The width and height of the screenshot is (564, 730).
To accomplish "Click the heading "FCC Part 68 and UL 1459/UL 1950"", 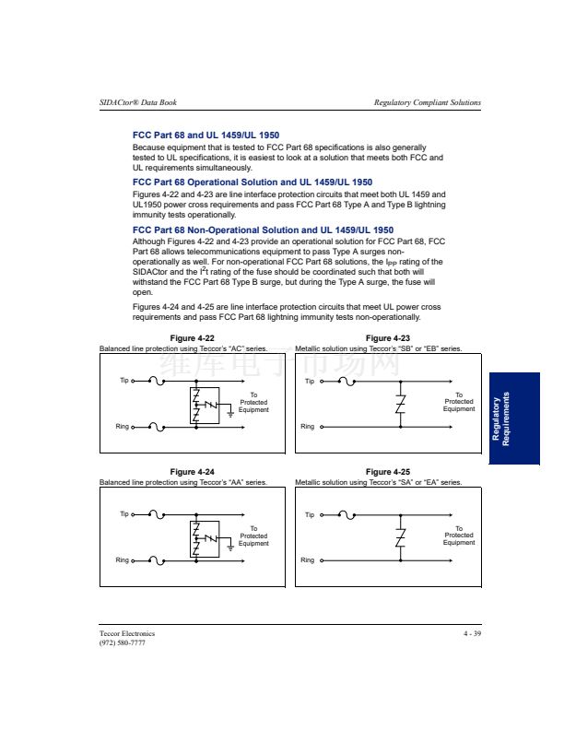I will [206, 135].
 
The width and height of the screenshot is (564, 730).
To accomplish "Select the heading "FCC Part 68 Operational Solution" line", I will [253, 182].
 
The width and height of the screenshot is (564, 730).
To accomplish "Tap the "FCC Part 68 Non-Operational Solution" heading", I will [263, 230].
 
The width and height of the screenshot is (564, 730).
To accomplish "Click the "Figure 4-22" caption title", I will [193, 338].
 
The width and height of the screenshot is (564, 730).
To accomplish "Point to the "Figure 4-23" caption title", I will [388, 338].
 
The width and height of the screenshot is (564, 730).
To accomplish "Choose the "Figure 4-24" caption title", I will [193, 472].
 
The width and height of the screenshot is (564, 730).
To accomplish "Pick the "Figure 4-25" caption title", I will [388, 472].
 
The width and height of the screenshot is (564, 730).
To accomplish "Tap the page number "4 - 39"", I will [472, 633].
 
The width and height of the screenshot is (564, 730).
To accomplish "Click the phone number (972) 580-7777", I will [122, 642].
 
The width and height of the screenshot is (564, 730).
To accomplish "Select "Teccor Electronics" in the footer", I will [127, 633].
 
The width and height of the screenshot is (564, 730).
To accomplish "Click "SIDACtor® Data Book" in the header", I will [137, 102].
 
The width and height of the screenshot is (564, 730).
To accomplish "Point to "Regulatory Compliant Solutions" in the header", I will [428, 102].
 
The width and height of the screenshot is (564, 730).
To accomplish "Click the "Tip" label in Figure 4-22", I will [124, 381].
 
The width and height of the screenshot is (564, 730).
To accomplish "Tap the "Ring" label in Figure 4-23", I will [308, 427].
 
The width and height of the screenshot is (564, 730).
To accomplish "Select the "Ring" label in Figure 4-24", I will [122, 560].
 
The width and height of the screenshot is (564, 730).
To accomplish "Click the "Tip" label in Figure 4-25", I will [310, 514].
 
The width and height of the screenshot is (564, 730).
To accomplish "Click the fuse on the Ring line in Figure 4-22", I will [157, 427].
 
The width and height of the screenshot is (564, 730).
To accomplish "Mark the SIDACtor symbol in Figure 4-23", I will [400, 404].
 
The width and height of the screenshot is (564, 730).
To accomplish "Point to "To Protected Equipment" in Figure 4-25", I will [459, 536].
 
